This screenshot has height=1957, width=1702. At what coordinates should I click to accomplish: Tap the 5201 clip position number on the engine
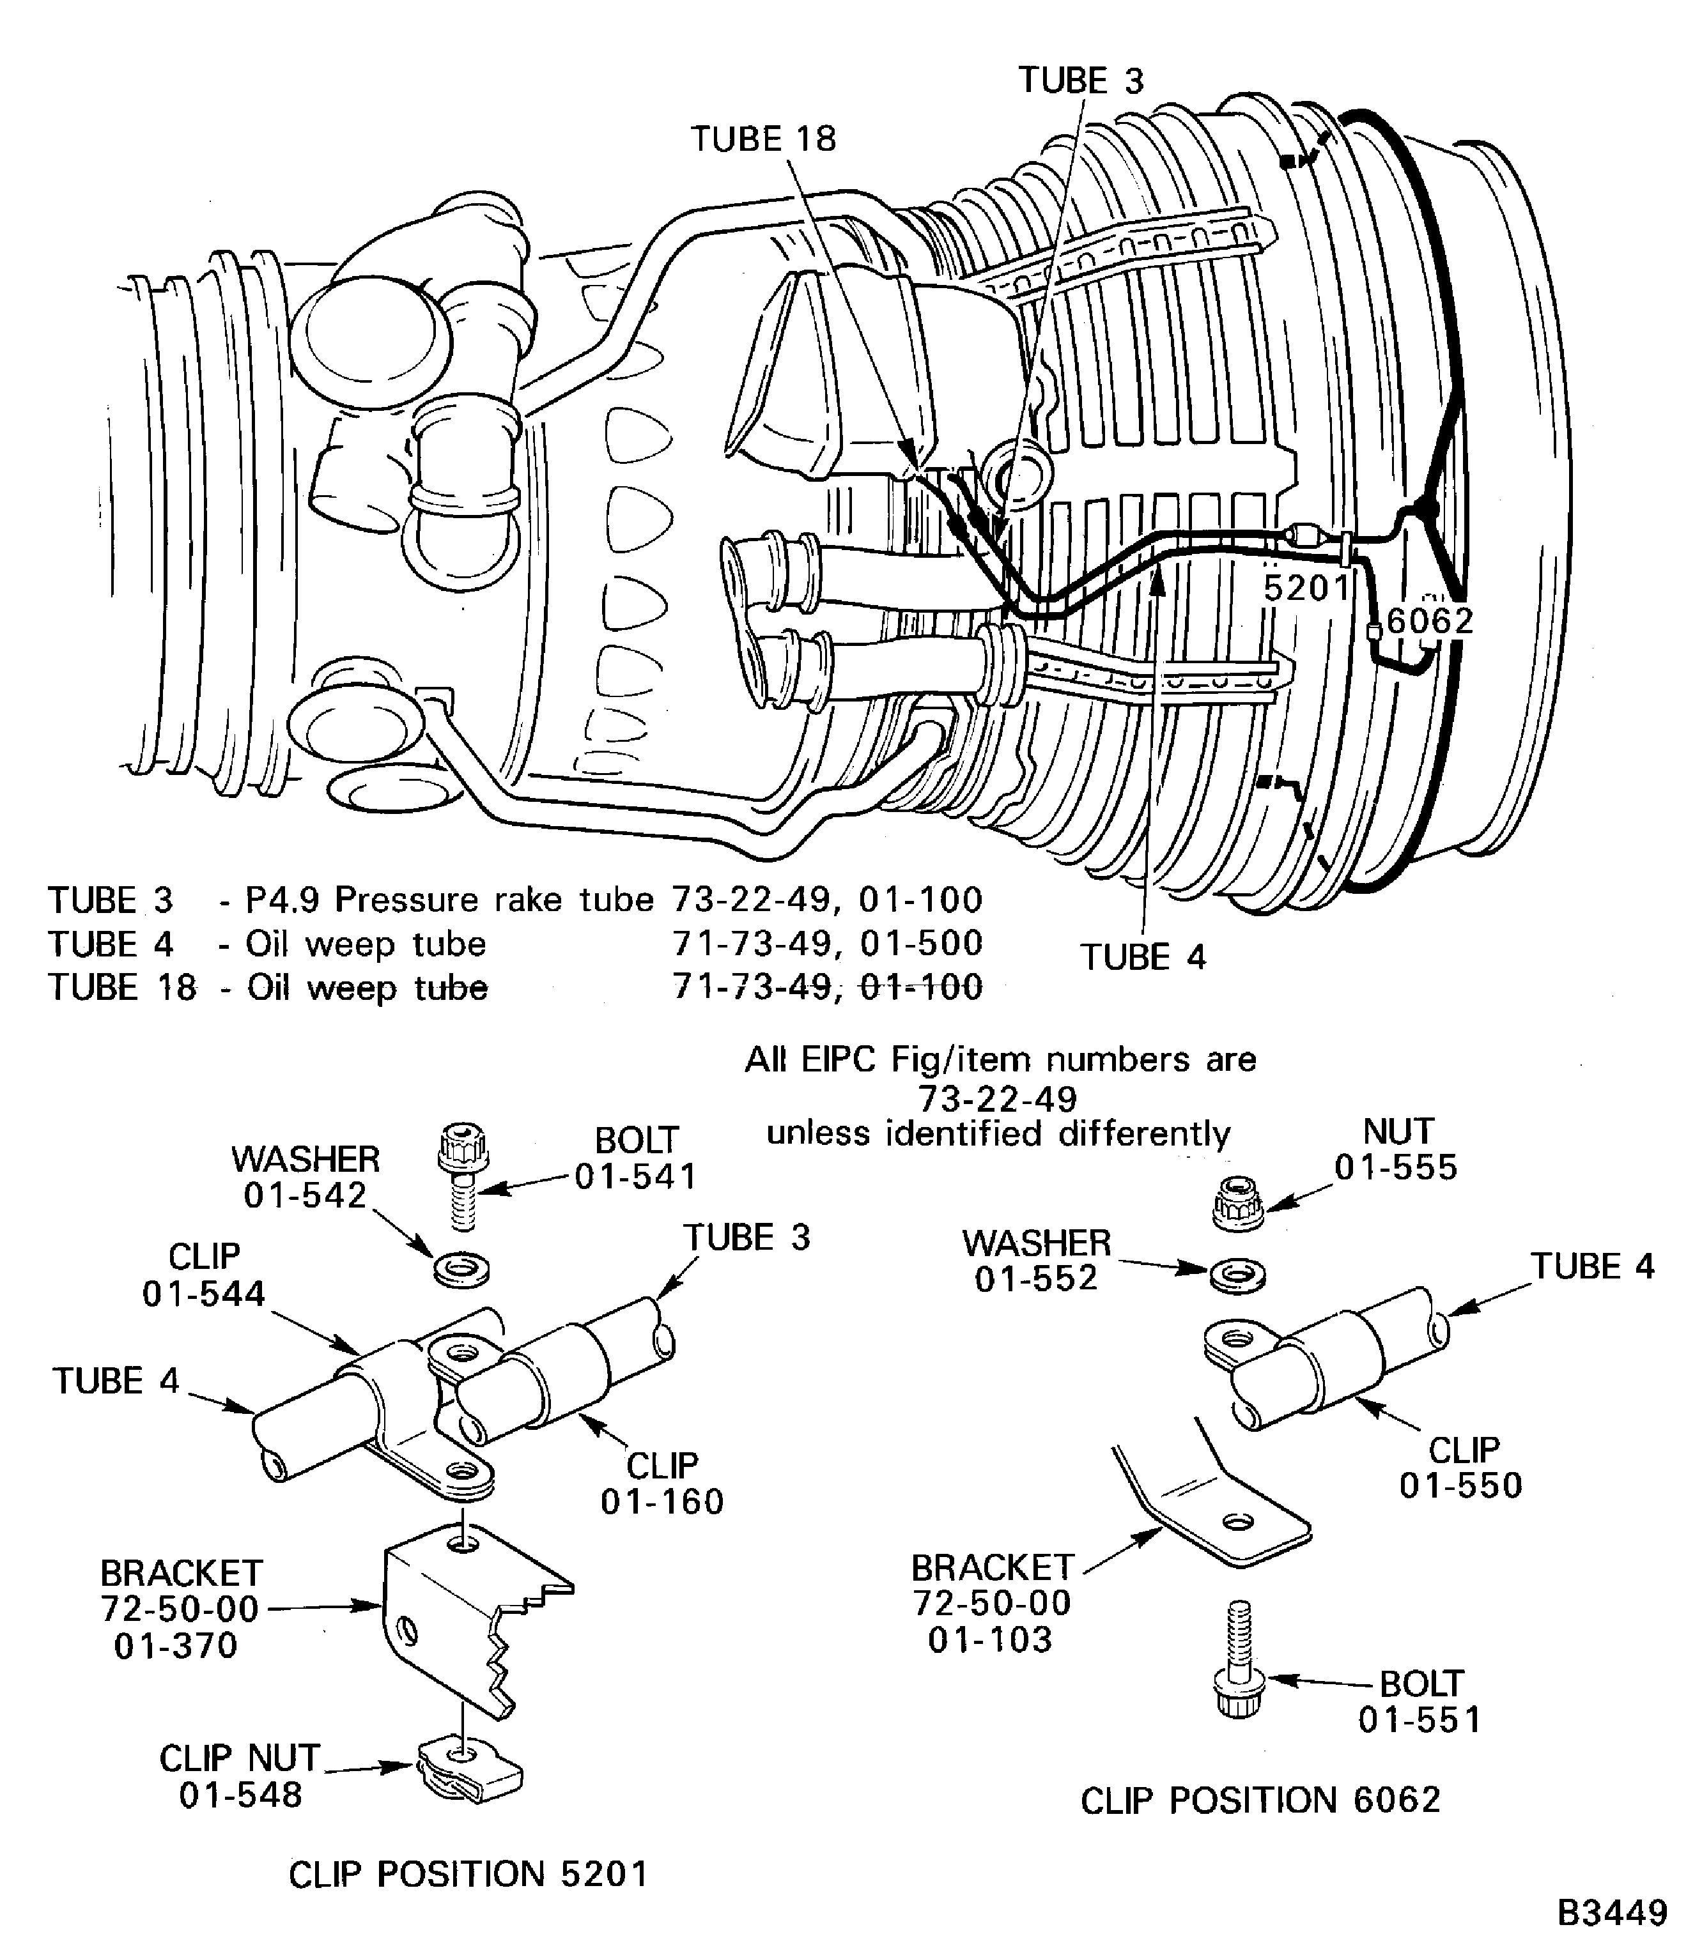tap(1306, 588)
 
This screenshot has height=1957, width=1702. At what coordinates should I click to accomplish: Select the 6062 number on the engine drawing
tap(1430, 621)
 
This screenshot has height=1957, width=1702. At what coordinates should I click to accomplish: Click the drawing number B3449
tap(1612, 1912)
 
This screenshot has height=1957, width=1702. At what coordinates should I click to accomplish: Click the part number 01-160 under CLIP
tap(662, 1501)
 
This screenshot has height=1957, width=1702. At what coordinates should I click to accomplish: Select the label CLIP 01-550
tap(1461, 1467)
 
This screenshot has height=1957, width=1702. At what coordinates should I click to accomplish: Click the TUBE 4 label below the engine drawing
tap(1143, 957)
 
